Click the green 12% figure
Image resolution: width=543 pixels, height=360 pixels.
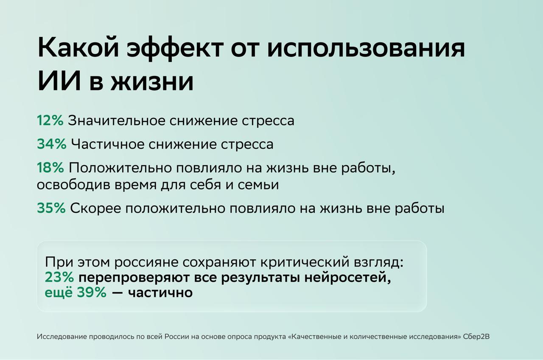pos(50,120)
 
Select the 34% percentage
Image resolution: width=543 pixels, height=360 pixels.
pos(52,144)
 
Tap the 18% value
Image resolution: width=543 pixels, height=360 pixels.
pos(50,167)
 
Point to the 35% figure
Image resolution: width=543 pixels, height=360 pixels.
pos(51,208)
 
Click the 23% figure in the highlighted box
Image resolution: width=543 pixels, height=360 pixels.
pos(59,277)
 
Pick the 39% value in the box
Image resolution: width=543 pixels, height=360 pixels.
pos(92,292)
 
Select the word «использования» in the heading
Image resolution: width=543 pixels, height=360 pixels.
pos(366,48)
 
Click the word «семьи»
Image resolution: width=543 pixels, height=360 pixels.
pos(258,185)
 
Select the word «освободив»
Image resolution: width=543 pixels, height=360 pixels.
pos(74,184)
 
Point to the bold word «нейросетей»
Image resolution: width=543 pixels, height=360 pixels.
pos(348,278)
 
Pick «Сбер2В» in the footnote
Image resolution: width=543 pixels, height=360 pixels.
pos(476,337)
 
